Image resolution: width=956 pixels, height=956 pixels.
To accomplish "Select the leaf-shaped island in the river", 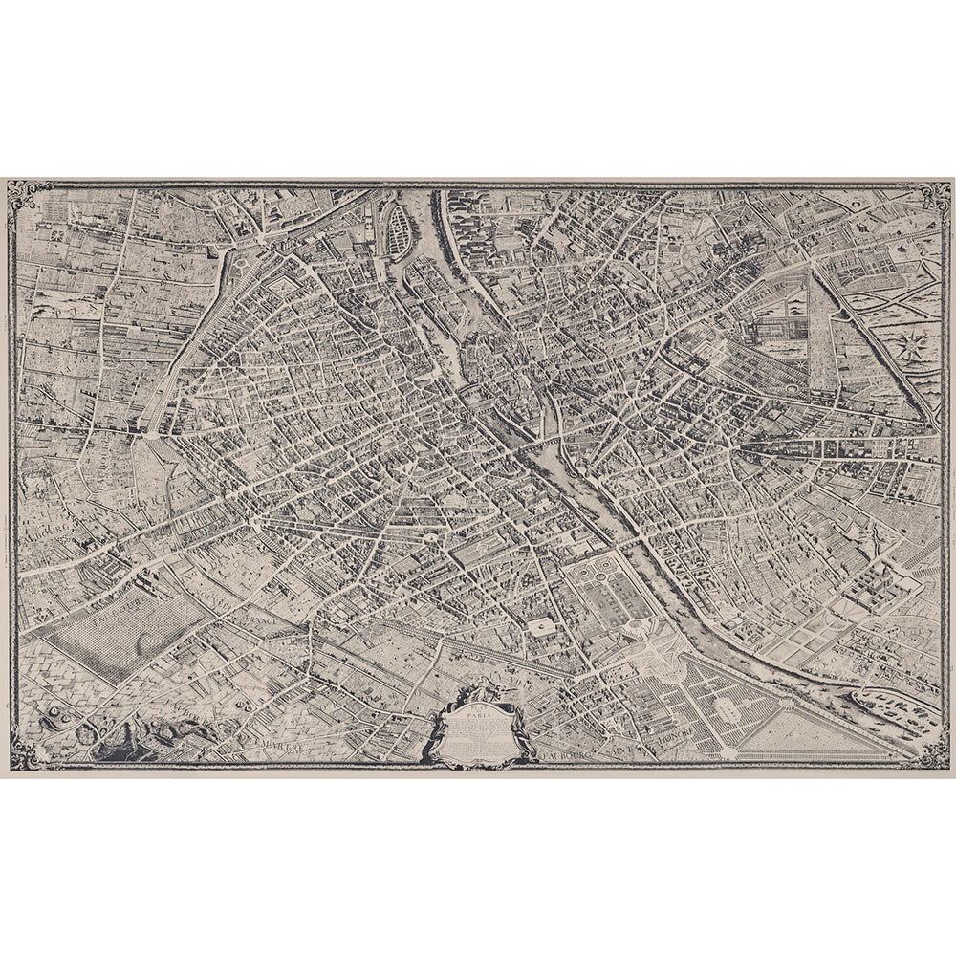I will click(x=395, y=230).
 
